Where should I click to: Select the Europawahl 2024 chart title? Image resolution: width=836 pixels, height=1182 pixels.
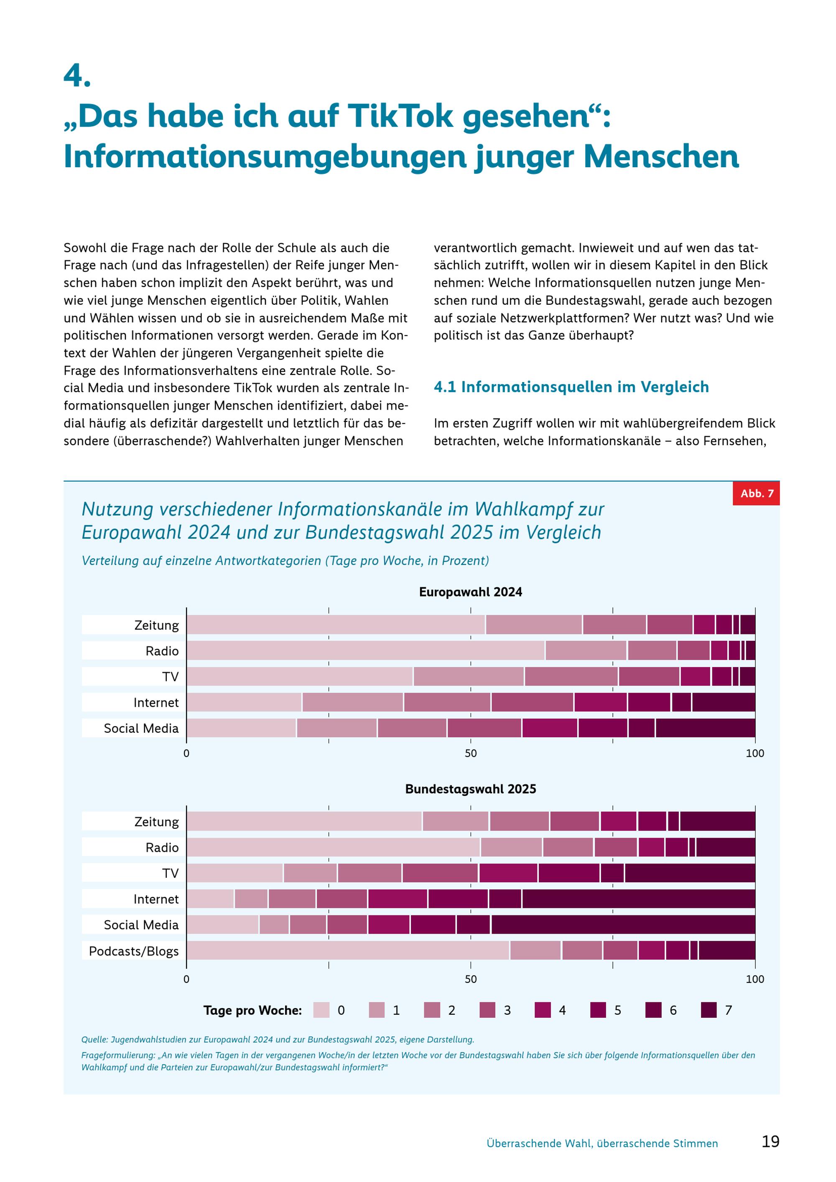pyautogui.click(x=471, y=592)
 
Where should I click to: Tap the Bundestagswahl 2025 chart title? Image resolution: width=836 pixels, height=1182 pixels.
pyautogui.click(x=471, y=789)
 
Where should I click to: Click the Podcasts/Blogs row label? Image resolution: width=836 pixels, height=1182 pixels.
pyautogui.click(x=134, y=951)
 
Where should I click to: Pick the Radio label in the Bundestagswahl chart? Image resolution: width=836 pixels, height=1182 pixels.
pyautogui.click(x=162, y=847)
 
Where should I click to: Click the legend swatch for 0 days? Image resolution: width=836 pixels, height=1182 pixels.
pyautogui.click(x=321, y=1010)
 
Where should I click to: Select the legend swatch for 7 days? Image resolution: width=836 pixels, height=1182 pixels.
pyautogui.click(x=709, y=1010)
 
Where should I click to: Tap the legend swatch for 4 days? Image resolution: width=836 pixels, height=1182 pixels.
pyautogui.click(x=543, y=1010)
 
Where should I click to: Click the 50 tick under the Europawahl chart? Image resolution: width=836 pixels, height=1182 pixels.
pyautogui.click(x=471, y=753)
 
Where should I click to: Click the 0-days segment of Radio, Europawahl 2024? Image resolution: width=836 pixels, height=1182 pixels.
pyautogui.click(x=365, y=650)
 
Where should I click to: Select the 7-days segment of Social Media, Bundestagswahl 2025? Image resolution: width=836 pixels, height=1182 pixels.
pyautogui.click(x=623, y=924)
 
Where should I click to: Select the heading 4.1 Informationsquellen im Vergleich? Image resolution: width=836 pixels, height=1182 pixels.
pyautogui.click(x=571, y=387)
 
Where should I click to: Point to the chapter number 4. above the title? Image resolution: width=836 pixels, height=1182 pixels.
pyautogui.click(x=77, y=76)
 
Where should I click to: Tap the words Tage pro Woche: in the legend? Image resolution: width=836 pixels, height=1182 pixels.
pyautogui.click(x=252, y=1010)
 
